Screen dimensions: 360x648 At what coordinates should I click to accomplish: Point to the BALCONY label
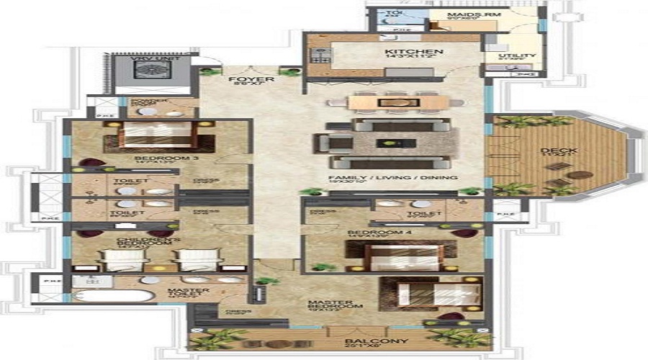[387, 341]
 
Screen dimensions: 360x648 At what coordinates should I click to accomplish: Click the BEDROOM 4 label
[367, 233]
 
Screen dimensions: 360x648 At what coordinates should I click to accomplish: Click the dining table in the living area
[395, 103]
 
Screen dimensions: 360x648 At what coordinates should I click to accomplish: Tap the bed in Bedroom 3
[151, 136]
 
